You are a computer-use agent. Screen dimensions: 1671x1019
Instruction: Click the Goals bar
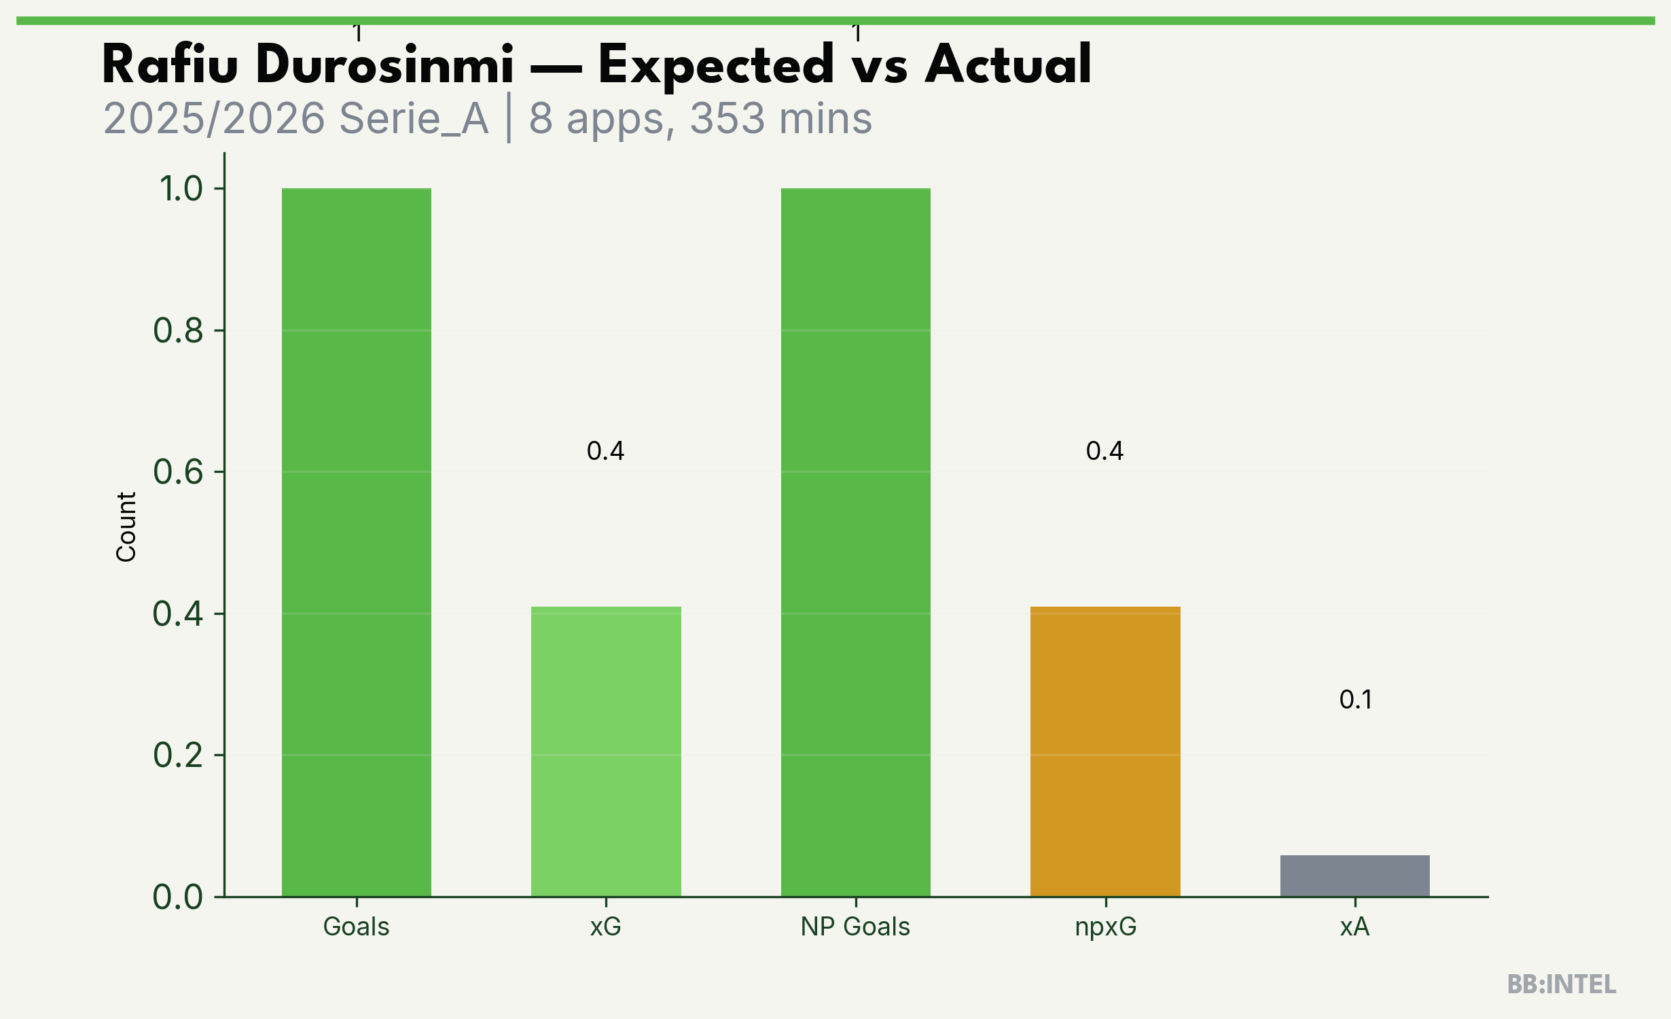pyautogui.click(x=357, y=542)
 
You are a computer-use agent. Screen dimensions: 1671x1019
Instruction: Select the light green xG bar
pyautogui.click(x=606, y=751)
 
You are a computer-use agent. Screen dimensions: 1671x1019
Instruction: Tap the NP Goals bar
pyautogui.click(x=856, y=542)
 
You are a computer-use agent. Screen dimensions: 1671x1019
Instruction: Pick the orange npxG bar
pyautogui.click(x=1105, y=751)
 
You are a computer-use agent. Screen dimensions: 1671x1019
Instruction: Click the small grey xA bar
pyautogui.click(x=1355, y=876)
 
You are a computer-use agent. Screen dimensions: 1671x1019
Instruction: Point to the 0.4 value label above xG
pyautogui.click(x=606, y=451)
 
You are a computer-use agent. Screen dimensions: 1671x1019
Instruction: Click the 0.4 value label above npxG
pyautogui.click(x=1105, y=451)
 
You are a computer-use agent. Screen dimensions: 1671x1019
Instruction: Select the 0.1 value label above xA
pyautogui.click(x=1356, y=700)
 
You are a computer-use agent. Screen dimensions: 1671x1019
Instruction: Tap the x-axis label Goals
pyautogui.click(x=357, y=927)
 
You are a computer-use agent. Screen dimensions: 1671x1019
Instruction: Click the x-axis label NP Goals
pyautogui.click(x=856, y=927)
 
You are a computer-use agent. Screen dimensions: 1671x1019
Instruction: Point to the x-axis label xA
pyautogui.click(x=1355, y=927)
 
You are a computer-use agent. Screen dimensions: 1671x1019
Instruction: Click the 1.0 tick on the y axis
pyautogui.click(x=181, y=189)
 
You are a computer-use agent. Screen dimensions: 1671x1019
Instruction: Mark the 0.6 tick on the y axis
pyautogui.click(x=178, y=472)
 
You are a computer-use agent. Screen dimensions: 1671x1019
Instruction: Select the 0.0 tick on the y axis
pyautogui.click(x=178, y=897)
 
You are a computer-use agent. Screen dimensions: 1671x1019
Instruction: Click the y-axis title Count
pyautogui.click(x=126, y=527)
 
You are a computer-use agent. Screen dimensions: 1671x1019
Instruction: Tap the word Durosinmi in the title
pyautogui.click(x=385, y=65)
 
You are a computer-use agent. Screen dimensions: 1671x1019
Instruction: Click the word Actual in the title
pyautogui.click(x=1008, y=65)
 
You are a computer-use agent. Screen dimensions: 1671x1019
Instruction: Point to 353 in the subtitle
pyautogui.click(x=728, y=119)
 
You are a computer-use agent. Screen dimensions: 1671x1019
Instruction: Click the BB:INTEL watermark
pyautogui.click(x=1562, y=984)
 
